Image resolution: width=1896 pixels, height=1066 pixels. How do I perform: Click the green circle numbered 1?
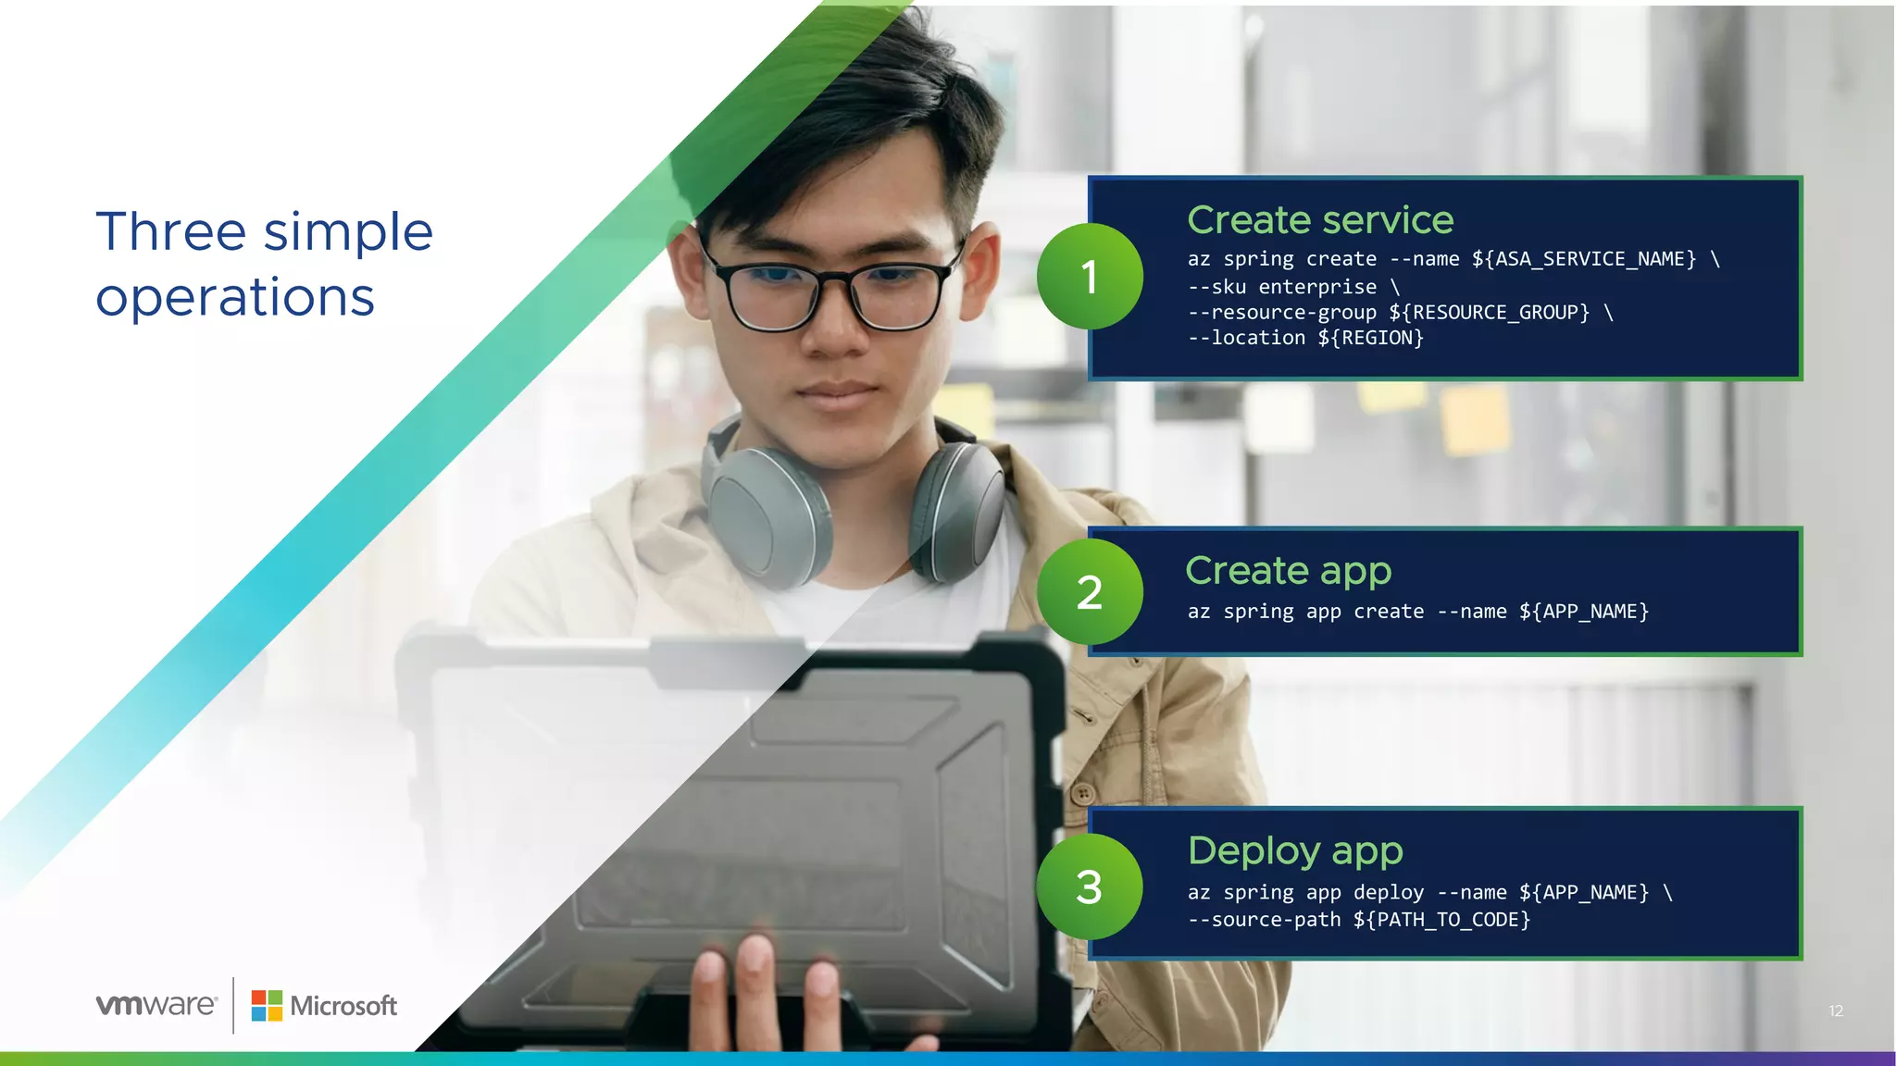coord(1090,276)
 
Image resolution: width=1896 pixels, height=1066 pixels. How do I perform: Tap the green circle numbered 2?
coord(1090,592)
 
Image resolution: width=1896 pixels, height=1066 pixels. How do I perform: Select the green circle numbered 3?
coord(1090,886)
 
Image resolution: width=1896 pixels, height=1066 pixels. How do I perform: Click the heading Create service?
coord(1320,220)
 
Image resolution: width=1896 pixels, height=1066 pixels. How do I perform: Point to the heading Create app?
coord(1288,571)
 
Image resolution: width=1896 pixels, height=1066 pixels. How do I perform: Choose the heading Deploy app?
coord(1295,851)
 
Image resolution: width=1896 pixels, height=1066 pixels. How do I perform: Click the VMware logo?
coord(156,1005)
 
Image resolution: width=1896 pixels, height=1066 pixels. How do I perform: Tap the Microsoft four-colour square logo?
coord(267,1006)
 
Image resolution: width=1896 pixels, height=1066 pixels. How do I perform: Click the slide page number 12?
coord(1836,1010)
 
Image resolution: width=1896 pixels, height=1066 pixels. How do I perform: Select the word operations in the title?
coord(235,298)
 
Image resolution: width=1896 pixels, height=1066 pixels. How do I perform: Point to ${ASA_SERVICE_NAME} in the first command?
coord(1584,259)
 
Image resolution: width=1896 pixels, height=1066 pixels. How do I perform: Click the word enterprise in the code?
coord(1317,287)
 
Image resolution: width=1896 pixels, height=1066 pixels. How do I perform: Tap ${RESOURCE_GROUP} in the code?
coord(1489,313)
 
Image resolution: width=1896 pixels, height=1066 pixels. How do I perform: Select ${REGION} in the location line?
coord(1370,338)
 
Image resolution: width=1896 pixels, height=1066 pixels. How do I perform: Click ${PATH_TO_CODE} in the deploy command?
coord(1441,920)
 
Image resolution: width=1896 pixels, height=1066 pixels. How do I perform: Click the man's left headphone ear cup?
coord(958,508)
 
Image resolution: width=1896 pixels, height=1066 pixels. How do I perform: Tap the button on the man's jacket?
coord(1082,794)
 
